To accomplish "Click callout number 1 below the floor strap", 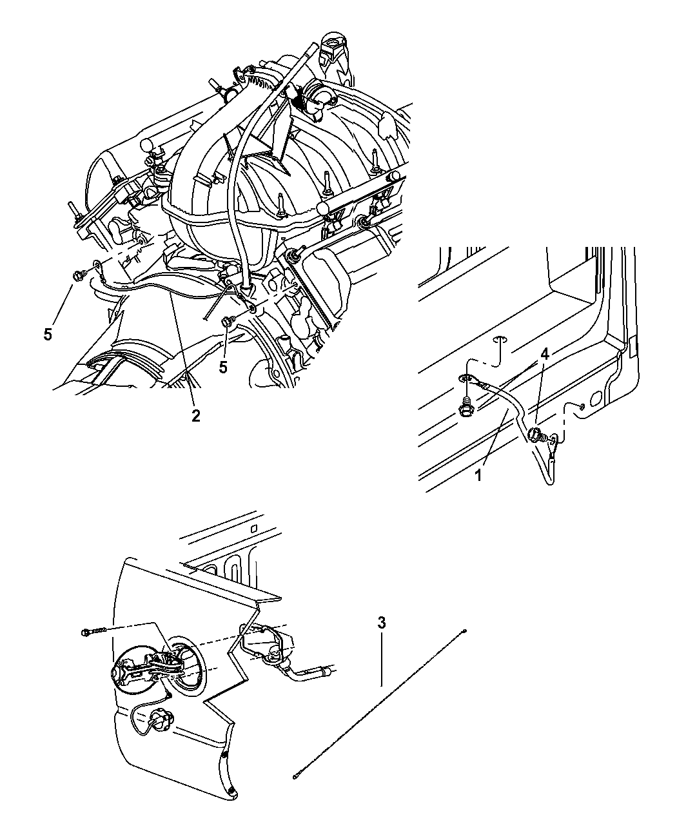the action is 478,476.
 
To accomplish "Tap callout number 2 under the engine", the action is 196,415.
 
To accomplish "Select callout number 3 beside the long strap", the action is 381,623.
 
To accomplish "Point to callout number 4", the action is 544,355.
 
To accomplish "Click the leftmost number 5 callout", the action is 48,335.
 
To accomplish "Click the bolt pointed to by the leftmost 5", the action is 77,275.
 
